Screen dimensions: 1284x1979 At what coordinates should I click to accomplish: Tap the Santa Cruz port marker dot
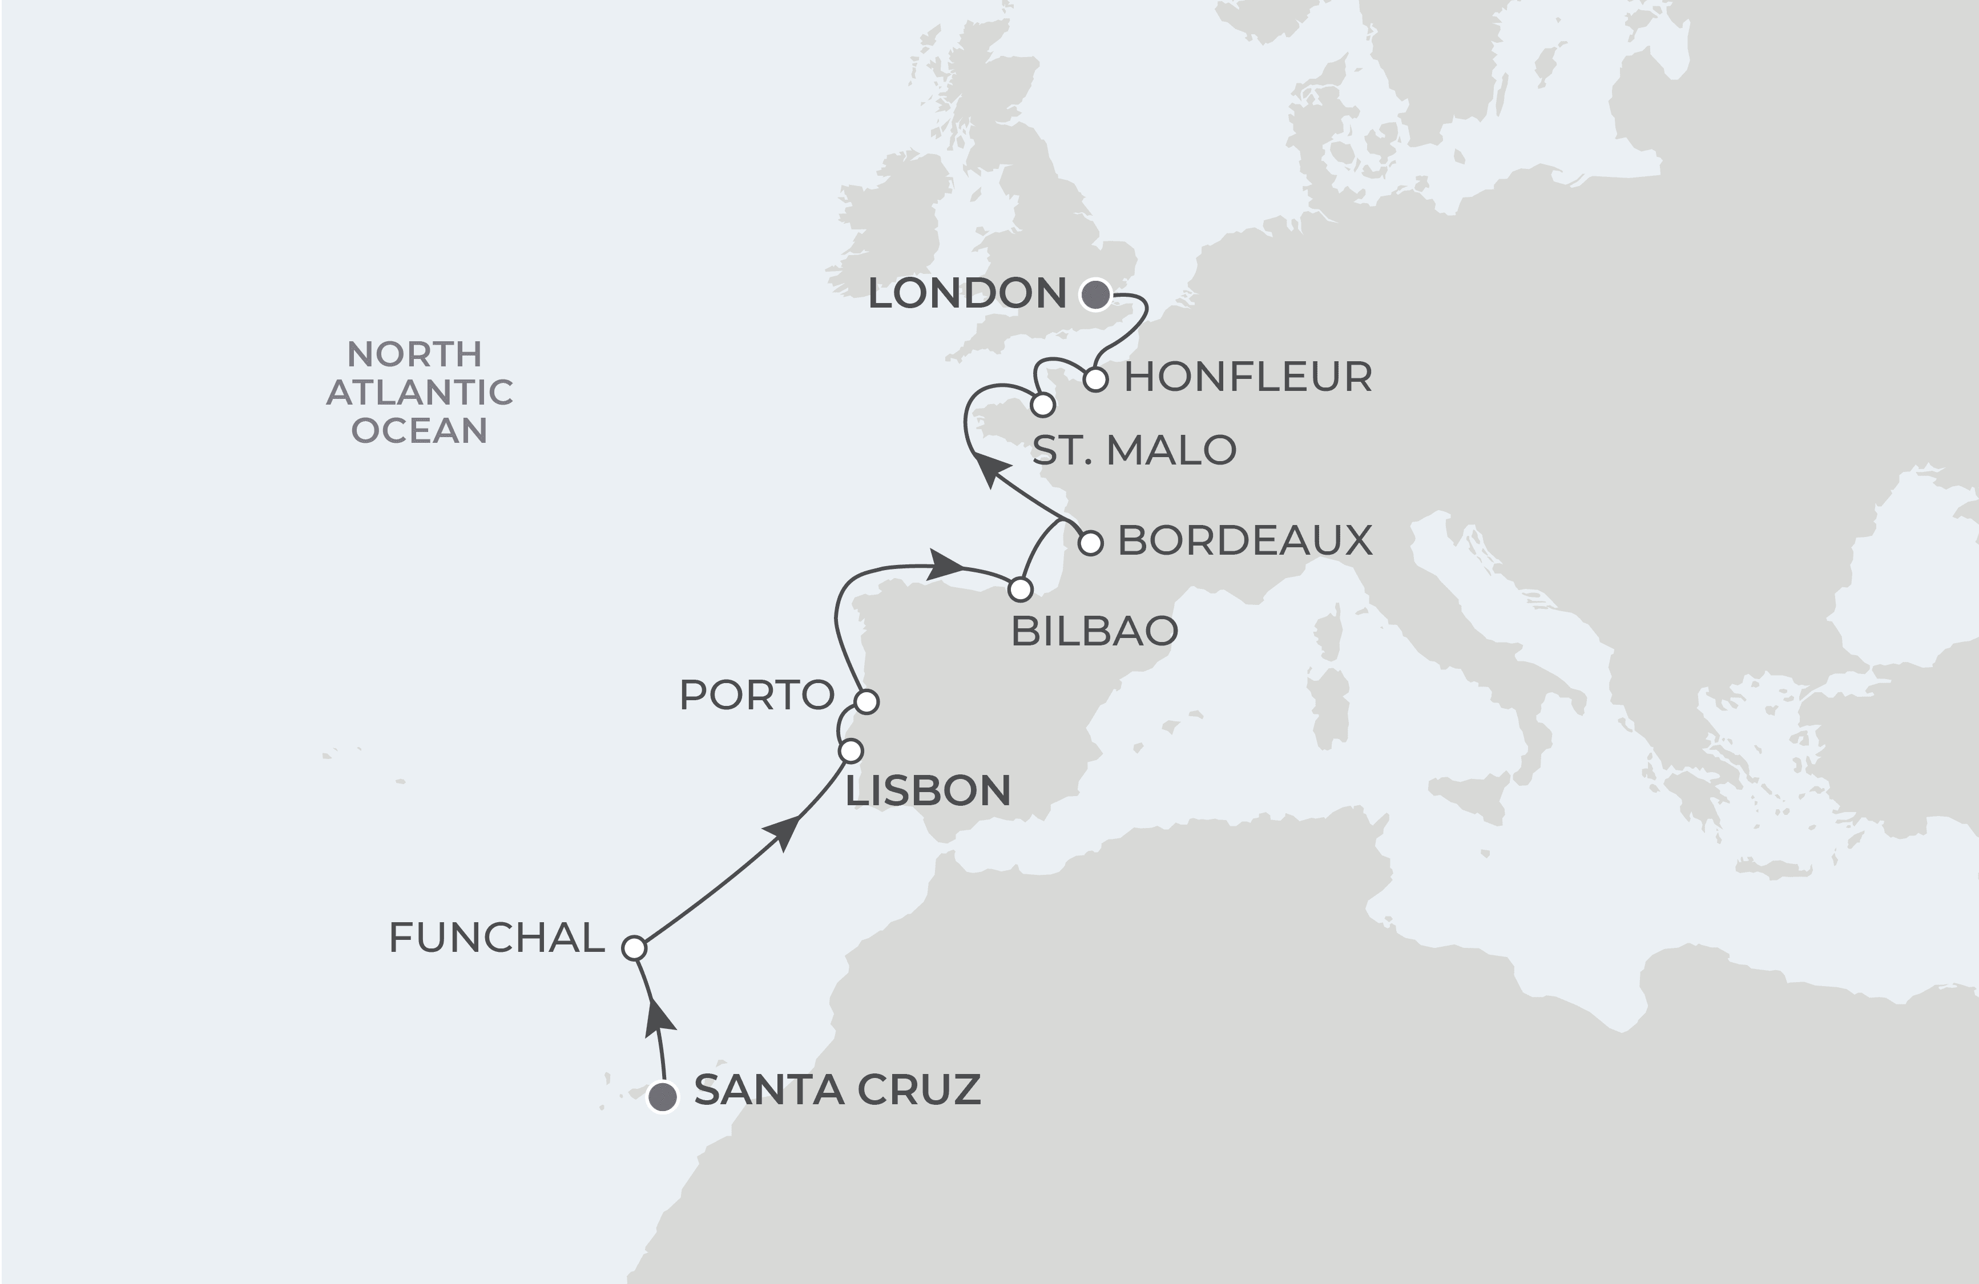663,1097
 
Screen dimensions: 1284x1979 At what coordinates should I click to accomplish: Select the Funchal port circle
634,948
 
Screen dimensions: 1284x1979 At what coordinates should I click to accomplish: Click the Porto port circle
866,701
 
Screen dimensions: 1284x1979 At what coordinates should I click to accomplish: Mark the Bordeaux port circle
1091,543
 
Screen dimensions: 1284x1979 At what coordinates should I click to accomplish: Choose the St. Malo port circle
1043,406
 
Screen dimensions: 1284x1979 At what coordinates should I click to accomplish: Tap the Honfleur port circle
1096,380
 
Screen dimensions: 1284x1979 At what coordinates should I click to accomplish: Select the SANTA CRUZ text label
837,1091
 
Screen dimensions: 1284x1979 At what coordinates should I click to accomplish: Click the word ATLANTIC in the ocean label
419,392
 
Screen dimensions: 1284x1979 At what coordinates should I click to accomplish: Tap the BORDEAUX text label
1245,541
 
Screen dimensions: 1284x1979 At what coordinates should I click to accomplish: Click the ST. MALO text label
1134,450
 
